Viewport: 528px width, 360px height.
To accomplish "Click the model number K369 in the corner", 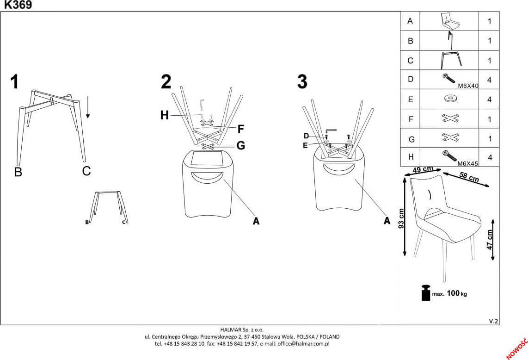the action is (x=18, y=5).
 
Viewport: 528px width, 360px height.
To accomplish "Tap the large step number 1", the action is (x=14, y=82).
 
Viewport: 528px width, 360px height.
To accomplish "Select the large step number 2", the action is (x=166, y=81).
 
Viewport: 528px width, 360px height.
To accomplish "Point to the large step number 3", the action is (x=302, y=81).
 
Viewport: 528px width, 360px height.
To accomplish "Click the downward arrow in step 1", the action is (x=88, y=107).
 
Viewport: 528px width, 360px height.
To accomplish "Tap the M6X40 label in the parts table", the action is (x=468, y=86).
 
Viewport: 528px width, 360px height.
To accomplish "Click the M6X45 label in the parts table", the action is (x=468, y=163).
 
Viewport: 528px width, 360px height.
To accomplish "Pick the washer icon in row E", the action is (x=450, y=99).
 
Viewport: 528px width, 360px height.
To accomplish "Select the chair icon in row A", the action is (x=450, y=21).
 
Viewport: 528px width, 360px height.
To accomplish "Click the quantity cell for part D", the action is (x=489, y=80).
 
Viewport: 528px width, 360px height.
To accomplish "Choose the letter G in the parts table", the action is (x=411, y=139).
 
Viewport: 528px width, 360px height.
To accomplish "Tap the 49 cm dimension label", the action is (x=423, y=169).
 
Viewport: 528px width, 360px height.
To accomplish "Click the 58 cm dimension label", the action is (x=469, y=177).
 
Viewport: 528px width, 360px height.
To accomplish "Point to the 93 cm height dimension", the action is (x=401, y=218).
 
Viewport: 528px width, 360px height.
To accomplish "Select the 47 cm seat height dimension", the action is (x=490, y=240).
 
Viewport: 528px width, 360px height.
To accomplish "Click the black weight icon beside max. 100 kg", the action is (x=426, y=292).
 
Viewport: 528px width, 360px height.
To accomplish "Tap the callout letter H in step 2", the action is (x=164, y=115).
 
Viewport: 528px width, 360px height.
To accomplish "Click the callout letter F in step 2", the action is (x=241, y=129).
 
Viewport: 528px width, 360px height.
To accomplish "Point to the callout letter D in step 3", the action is (x=306, y=136).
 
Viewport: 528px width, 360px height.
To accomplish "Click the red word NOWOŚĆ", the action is (x=516, y=348).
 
